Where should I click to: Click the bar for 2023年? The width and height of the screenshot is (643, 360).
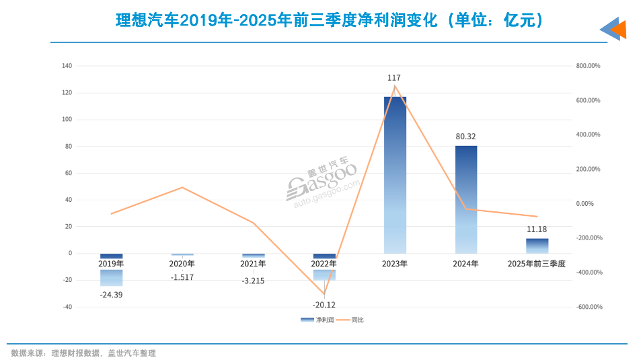coord(395,175)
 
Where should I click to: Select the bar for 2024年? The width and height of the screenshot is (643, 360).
coord(466,199)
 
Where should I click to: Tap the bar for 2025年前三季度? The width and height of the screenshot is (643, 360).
coord(537,246)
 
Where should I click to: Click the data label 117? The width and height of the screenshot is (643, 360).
coord(394,79)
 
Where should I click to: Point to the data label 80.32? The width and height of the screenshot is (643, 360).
coord(465,136)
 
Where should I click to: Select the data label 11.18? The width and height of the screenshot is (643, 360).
coord(537,229)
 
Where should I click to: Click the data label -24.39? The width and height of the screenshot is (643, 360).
coord(111,295)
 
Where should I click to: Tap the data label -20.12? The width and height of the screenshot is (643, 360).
coord(324,303)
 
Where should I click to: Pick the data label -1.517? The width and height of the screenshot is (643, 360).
coord(182,277)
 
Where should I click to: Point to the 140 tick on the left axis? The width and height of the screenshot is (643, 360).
coord(67,66)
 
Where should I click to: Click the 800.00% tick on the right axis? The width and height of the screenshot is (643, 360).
coord(588,66)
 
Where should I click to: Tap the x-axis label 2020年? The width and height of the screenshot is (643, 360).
coord(182,264)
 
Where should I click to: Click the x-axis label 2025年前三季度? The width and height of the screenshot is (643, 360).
coord(537,264)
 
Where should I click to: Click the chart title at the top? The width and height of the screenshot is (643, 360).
coord(329,22)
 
